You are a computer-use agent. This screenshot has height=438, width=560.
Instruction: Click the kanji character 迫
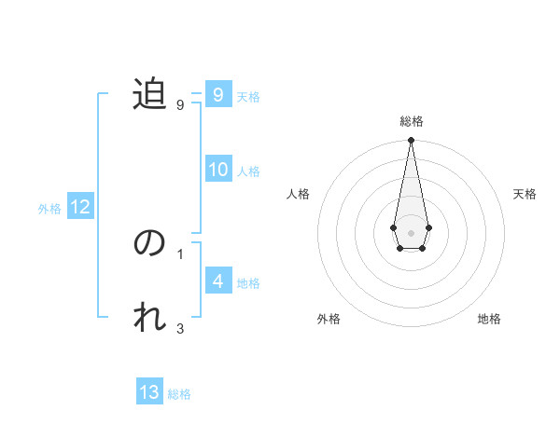point(149,94)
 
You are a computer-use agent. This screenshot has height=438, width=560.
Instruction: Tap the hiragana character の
point(149,243)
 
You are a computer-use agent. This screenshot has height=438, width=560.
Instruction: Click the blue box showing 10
point(218,170)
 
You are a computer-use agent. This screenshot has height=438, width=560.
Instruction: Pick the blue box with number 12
point(80,207)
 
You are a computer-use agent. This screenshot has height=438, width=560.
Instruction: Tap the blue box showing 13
point(149,392)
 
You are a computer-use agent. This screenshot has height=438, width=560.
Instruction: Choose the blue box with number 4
point(218,281)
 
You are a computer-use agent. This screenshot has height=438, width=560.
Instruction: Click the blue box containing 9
point(218,94)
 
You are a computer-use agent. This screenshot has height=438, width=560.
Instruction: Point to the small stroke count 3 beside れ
point(180,328)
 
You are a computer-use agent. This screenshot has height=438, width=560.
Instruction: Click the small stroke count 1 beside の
point(180,253)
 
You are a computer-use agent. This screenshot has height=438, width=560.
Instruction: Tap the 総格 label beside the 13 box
point(179,394)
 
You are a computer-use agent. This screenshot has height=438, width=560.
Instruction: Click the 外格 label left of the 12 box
point(49,209)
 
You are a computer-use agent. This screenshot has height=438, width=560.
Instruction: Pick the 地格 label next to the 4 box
point(248,282)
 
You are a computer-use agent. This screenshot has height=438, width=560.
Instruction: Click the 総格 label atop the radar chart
point(411,121)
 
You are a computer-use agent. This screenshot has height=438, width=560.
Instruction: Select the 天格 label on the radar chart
point(525,194)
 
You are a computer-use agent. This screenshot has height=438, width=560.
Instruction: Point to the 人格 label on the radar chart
point(298,194)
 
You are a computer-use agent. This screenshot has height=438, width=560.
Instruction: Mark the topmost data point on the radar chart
point(411,141)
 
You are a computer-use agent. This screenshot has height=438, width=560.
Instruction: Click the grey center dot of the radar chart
point(411,232)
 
